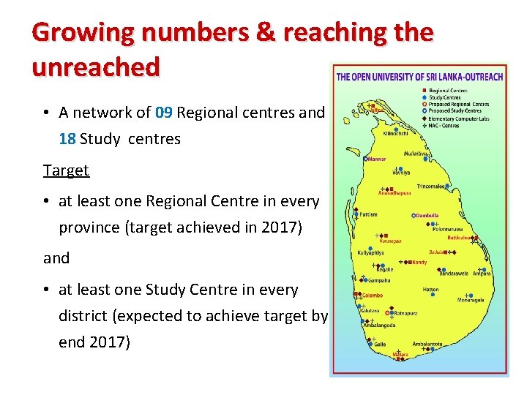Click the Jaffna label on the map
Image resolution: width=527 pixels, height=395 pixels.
pos(375,110)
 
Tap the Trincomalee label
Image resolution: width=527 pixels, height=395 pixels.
pos(431,187)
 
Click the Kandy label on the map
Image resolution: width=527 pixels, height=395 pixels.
pos(419,262)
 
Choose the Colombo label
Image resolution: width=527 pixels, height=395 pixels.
pos(372,296)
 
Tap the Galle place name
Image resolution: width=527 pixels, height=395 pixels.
pos(380,345)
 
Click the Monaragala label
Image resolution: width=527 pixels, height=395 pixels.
pos(471,301)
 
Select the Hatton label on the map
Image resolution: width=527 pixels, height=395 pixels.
pos(430,290)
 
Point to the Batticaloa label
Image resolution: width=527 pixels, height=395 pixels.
pos(460,238)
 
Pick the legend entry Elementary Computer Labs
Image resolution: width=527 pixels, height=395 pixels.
pos(460,118)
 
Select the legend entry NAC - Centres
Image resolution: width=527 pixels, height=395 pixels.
pos(445,125)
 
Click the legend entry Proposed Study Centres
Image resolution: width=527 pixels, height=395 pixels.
pos(455,111)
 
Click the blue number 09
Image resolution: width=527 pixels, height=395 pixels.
pos(164,113)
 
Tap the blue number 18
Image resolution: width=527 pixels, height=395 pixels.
pos(67,139)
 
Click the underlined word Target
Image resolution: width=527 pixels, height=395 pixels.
pos(66,170)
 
